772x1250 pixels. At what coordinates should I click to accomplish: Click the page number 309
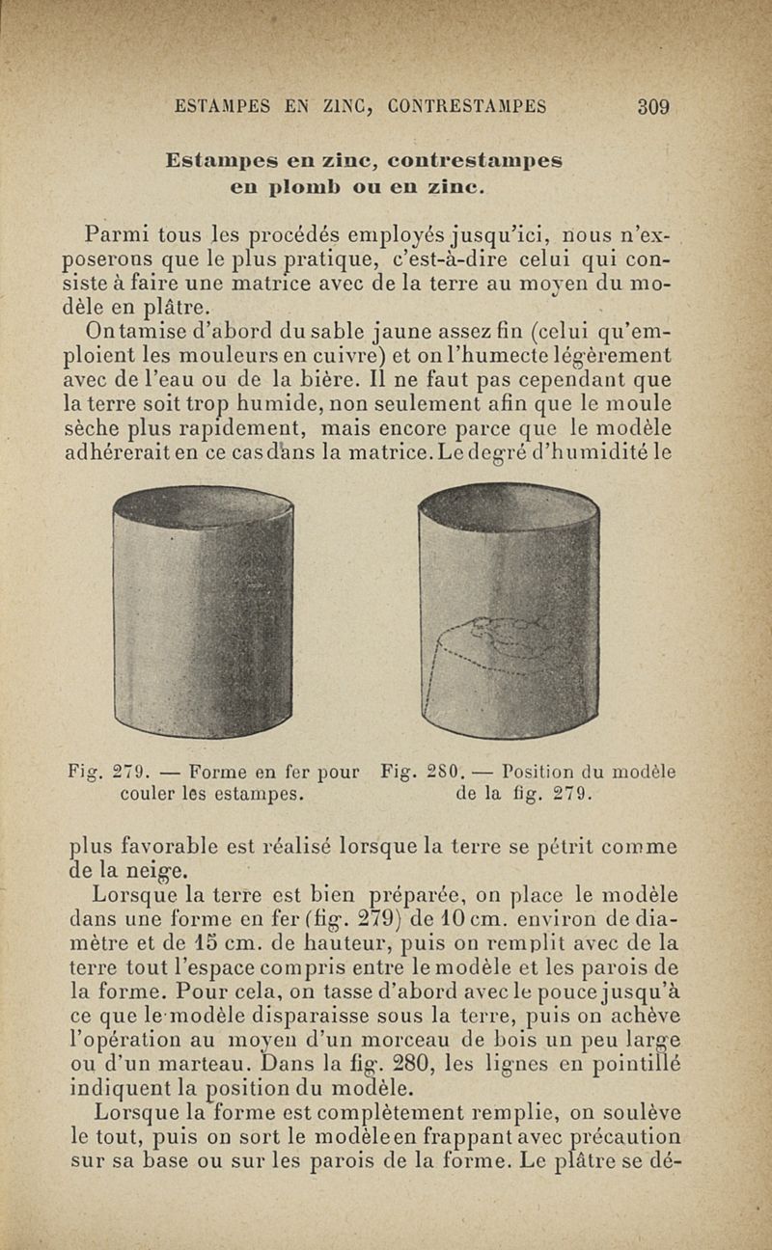(653, 107)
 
